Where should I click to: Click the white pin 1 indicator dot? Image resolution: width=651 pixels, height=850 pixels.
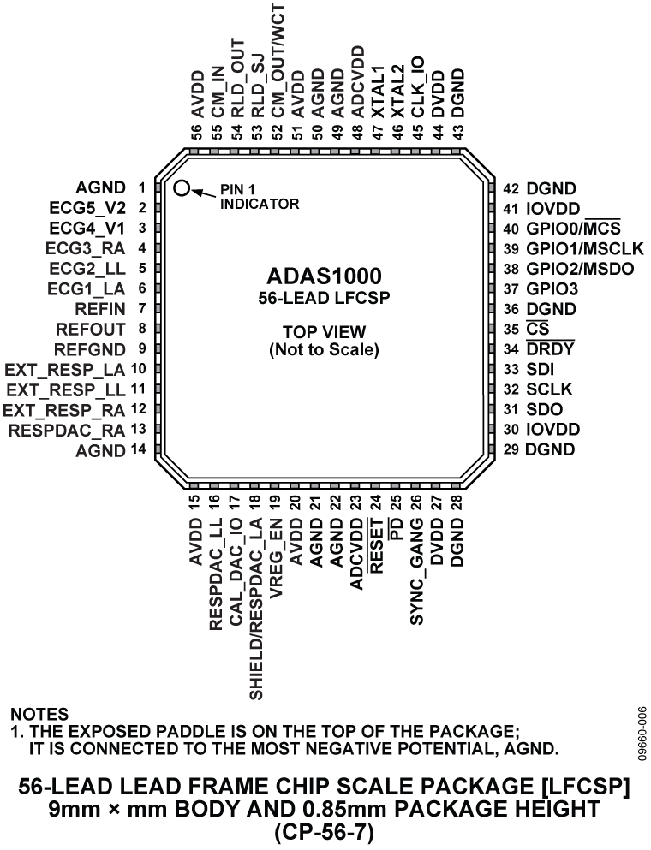[x=182, y=187]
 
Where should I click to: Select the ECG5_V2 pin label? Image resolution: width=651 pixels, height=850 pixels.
[x=87, y=208]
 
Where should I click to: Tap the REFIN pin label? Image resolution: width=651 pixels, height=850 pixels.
[x=101, y=309]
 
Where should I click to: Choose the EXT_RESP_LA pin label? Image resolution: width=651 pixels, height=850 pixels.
[x=65, y=371]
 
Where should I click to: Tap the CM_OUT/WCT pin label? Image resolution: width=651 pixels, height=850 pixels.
[x=278, y=59]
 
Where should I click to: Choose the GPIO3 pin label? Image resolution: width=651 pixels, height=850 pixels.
[x=552, y=289]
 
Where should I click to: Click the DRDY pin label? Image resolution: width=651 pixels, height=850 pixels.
[x=550, y=349]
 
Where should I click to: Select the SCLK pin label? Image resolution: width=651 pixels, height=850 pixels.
[x=549, y=389]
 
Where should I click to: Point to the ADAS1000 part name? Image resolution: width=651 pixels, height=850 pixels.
[x=324, y=276]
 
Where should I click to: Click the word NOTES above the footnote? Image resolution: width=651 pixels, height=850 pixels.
[x=40, y=714]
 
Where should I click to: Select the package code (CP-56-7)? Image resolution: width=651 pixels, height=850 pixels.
[x=325, y=831]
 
